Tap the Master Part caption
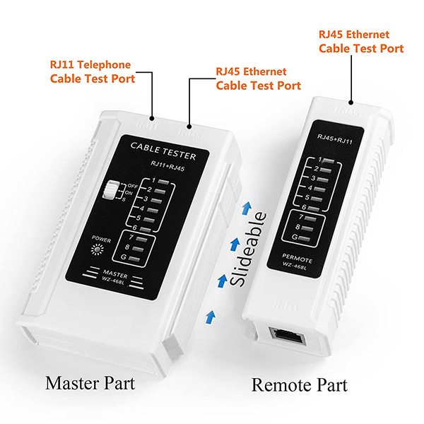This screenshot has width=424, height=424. tap(90, 384)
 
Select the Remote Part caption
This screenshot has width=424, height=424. tap(300, 384)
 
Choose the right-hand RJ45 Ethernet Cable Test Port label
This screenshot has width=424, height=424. tap(360, 41)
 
